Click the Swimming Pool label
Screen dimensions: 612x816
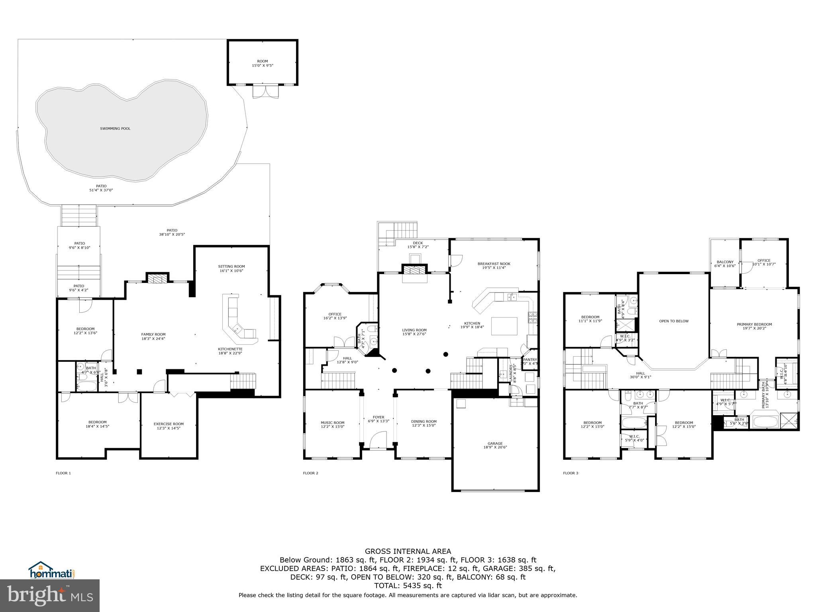point(115,129)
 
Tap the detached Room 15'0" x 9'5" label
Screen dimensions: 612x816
point(263,63)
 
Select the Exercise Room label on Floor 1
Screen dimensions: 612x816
point(169,426)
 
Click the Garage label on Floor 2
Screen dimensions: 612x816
point(495,445)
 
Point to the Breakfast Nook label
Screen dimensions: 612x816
point(494,266)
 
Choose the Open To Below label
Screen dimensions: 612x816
point(674,321)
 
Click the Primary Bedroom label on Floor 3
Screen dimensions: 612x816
point(754,326)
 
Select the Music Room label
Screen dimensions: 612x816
point(332,424)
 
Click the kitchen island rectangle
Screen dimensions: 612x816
point(504,326)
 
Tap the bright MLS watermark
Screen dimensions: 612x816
point(50,595)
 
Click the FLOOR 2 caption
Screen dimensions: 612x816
point(310,473)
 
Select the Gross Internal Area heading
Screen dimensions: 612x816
point(408,551)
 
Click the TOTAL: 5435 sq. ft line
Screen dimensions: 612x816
point(408,586)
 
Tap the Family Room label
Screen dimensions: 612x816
point(153,337)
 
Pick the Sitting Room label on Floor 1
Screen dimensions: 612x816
point(231,269)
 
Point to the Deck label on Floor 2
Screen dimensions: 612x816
point(418,245)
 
